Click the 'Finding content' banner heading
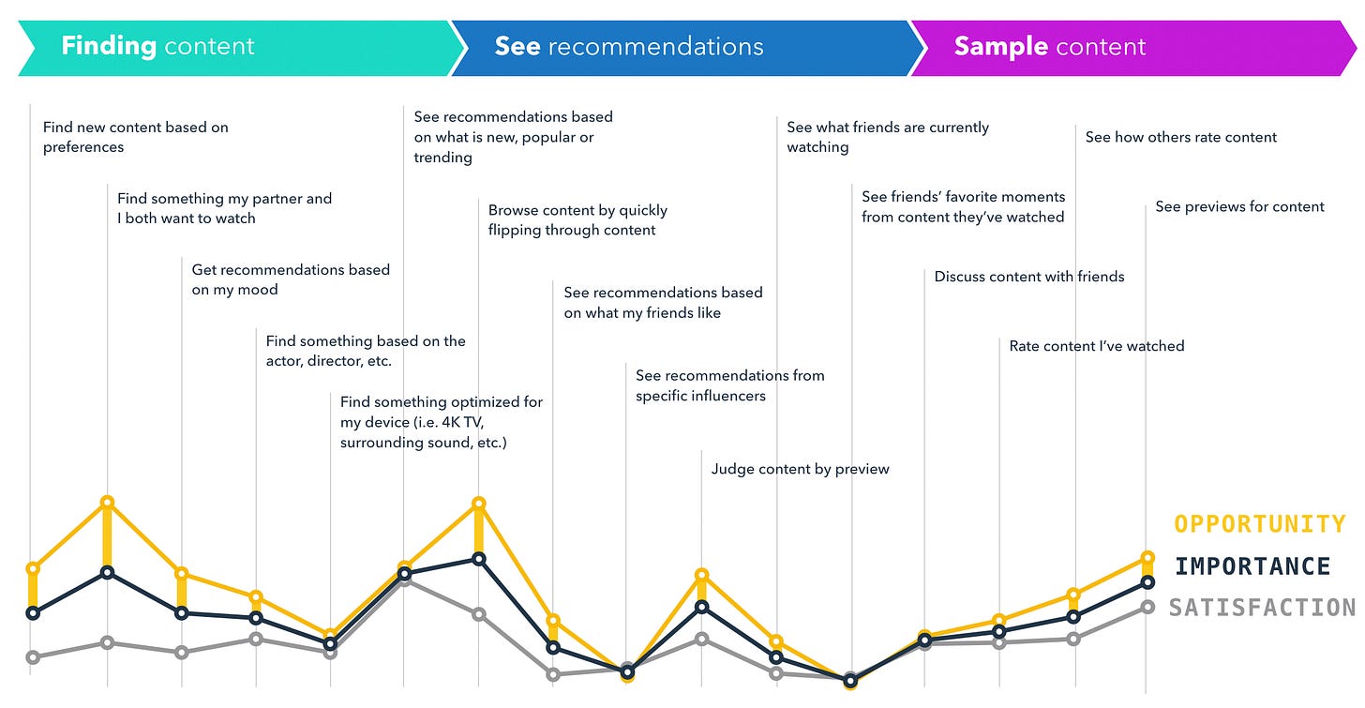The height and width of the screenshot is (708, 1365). (x=157, y=47)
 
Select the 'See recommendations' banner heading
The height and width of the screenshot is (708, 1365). (x=629, y=47)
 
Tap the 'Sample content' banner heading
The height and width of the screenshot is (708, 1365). (x=1050, y=47)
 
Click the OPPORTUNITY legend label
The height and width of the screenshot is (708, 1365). (x=1260, y=524)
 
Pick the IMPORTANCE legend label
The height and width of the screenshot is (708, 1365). (x=1252, y=566)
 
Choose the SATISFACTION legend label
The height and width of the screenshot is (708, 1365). (x=1262, y=608)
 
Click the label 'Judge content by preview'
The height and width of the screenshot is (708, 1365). (x=800, y=469)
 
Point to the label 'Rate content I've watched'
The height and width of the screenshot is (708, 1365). (x=1097, y=346)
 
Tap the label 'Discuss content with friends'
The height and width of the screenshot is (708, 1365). (x=1029, y=277)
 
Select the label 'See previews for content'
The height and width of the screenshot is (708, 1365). (x=1239, y=206)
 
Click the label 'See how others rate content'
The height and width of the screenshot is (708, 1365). (x=1181, y=137)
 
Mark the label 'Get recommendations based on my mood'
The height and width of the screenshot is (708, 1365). (x=291, y=279)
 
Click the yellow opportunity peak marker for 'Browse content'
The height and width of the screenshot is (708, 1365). (x=478, y=504)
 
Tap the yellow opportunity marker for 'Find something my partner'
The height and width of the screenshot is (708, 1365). (x=107, y=502)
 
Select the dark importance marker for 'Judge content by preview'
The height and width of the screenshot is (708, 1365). (x=702, y=607)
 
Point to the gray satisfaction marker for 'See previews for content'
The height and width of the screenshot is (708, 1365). (x=1147, y=607)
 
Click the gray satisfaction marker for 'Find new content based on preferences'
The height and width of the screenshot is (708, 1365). (x=33, y=656)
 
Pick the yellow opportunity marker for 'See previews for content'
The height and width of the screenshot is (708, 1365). (x=1147, y=558)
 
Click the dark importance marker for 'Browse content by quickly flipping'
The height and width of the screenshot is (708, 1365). (x=479, y=559)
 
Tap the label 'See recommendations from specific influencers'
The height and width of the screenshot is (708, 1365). (x=730, y=385)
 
